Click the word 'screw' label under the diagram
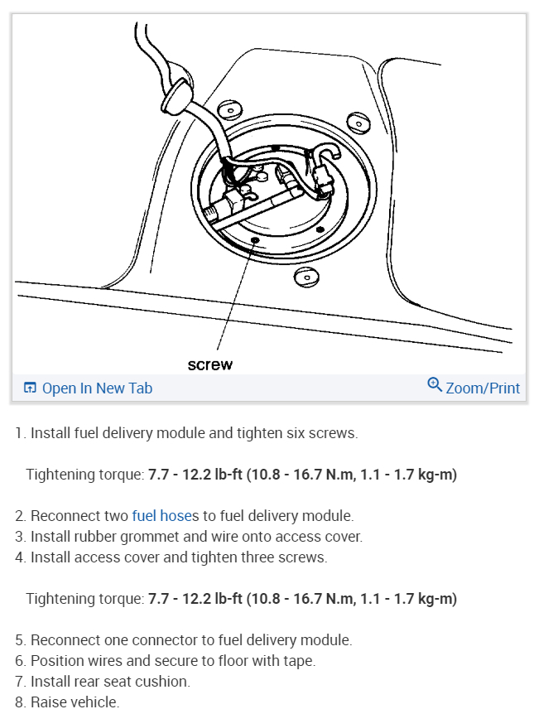tap(209, 364)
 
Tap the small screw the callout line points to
tap(255, 240)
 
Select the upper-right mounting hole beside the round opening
tap(358, 123)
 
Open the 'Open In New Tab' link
tap(88, 388)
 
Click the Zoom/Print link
tap(483, 388)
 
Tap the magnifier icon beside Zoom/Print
tap(435, 385)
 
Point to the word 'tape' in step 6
tap(297, 660)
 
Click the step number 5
tap(19, 639)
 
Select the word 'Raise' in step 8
tap(49, 702)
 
